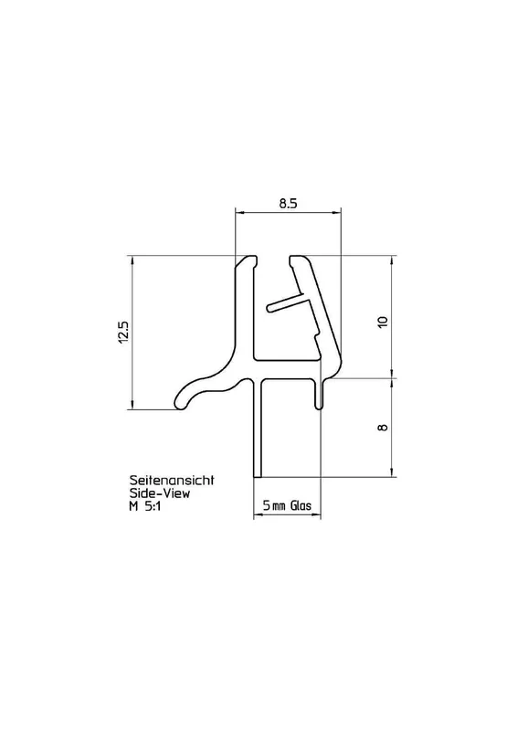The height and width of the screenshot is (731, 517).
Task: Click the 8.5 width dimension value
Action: click(x=288, y=203)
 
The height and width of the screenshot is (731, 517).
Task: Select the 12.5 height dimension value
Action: click(x=123, y=333)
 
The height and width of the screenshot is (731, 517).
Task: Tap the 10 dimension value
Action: click(x=383, y=322)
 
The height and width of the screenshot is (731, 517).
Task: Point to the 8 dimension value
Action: click(x=384, y=427)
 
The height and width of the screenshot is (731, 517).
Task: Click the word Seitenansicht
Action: click(x=172, y=480)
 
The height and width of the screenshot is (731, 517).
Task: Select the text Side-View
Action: click(x=160, y=493)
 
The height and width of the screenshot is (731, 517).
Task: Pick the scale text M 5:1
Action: click(x=144, y=506)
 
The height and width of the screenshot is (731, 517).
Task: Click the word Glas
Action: click(x=301, y=506)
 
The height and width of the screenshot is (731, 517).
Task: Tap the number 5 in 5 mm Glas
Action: click(x=266, y=506)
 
